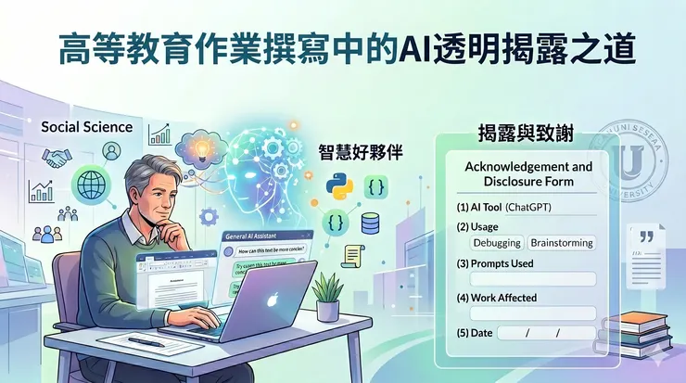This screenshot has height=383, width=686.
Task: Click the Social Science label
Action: tap(86, 126)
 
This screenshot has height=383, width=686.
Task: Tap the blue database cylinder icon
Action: tap(370, 223)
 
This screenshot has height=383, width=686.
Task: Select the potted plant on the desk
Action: tap(325, 296)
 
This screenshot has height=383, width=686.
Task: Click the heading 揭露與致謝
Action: tap(524, 134)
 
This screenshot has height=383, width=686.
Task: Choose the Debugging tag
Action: tap(497, 243)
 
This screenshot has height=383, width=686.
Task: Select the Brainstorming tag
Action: tap(562, 243)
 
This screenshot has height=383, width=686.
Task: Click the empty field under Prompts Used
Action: tap(532, 278)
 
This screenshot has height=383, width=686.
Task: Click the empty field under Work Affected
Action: tap(532, 313)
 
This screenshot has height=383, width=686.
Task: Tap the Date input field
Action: tap(546, 333)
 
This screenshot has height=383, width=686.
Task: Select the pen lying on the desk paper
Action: tap(146, 342)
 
